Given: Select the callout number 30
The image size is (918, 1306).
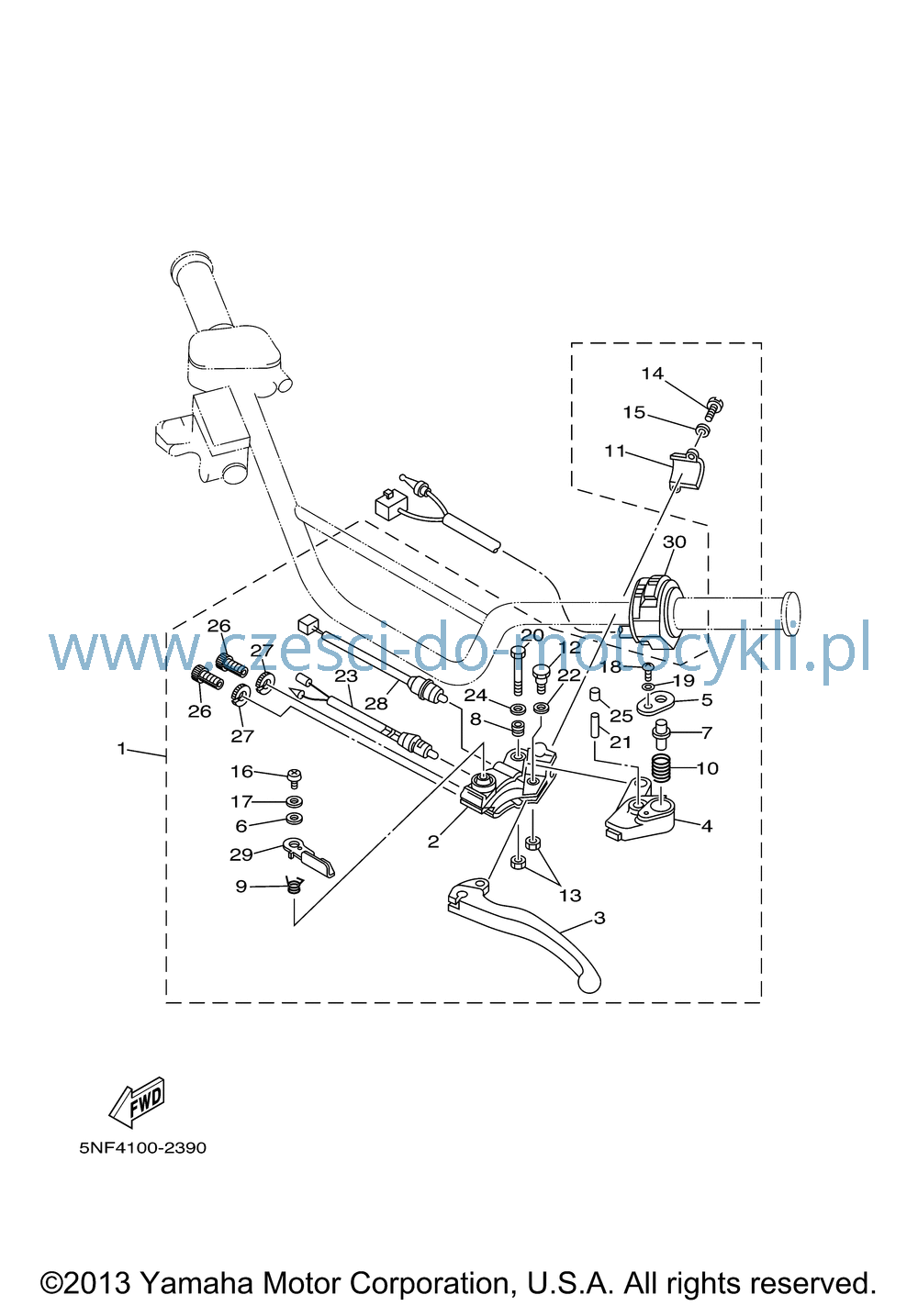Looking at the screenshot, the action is coord(674,541).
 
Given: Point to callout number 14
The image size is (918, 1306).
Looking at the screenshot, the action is coord(653,374).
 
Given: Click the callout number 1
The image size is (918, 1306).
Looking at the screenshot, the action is coord(121,748).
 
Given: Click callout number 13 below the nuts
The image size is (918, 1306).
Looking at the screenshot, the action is coord(570,895).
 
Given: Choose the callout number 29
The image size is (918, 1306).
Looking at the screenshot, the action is coord(241,854).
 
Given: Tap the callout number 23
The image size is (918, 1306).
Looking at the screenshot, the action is coord(346,676).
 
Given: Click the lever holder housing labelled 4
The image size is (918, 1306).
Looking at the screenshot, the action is coord(640,811).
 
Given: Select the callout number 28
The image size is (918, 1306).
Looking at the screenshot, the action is coord(376,703).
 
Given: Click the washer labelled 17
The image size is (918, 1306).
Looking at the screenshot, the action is coord(295,801).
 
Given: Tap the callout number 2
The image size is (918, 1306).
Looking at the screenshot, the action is coord(432,842).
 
